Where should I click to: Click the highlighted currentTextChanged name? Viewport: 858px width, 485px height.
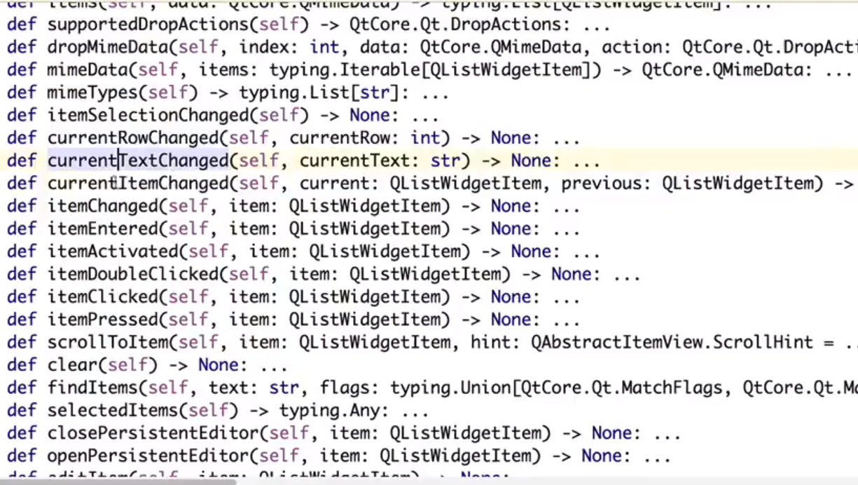pos(138,160)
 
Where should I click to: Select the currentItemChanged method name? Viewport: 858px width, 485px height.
pos(138,184)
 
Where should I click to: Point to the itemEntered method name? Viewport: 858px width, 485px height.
pos(102,229)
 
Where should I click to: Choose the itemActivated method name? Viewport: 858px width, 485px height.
pos(113,252)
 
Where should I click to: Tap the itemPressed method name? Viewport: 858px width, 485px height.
pos(102,320)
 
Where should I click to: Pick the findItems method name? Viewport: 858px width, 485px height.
pos(88,388)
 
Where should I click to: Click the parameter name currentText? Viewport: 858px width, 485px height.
pos(354,160)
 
